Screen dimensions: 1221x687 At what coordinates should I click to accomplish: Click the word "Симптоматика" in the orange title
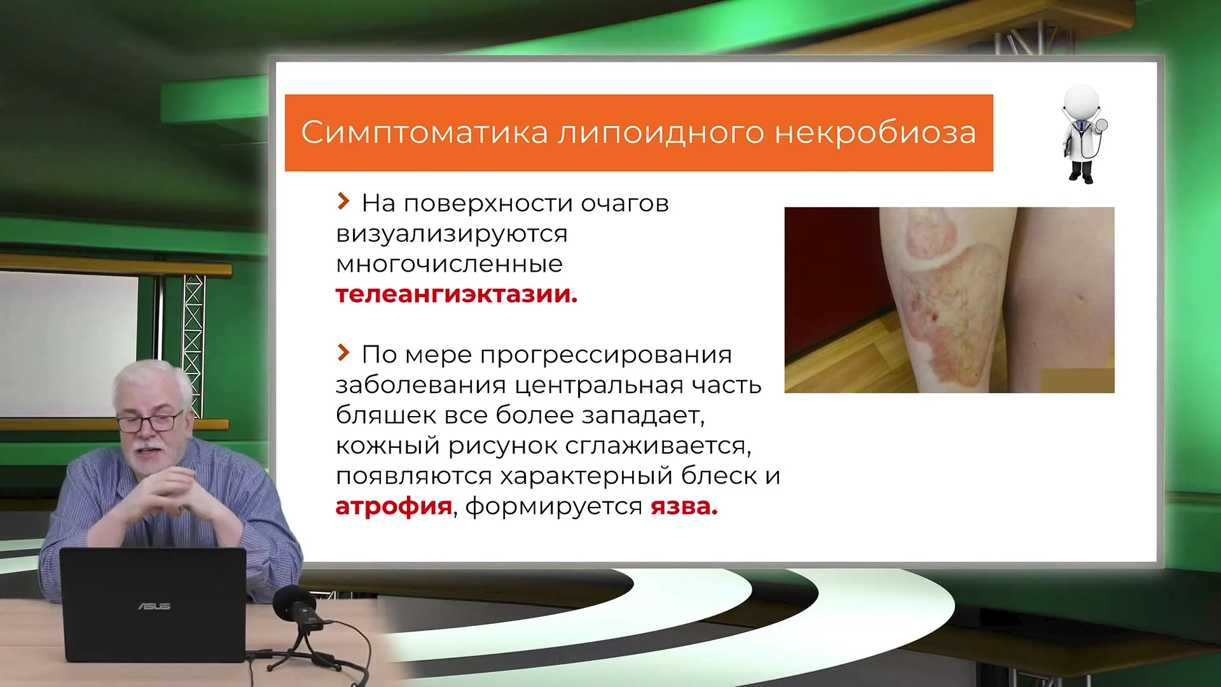tap(424, 132)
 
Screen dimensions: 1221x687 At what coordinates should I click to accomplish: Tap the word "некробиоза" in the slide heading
tap(875, 132)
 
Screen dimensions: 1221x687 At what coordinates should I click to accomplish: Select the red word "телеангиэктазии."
tap(457, 295)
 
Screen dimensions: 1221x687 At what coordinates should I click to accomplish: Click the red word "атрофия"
tap(394, 506)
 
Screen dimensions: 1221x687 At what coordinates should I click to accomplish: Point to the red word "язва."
tap(684, 507)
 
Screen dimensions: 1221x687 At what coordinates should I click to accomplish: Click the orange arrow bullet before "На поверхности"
tap(343, 202)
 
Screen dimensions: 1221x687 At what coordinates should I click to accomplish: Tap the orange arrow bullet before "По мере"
tap(343, 352)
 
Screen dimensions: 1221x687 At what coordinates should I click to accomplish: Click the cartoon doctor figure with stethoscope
tap(1083, 134)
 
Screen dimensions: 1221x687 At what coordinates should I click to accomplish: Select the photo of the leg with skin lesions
tap(949, 300)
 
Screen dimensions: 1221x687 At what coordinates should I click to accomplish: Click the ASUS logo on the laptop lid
tap(154, 606)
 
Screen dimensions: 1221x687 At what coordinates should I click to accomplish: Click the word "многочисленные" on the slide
tap(450, 264)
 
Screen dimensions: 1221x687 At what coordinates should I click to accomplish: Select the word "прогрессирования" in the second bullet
tap(606, 355)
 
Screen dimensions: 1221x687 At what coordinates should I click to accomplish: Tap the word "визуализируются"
tap(452, 234)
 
